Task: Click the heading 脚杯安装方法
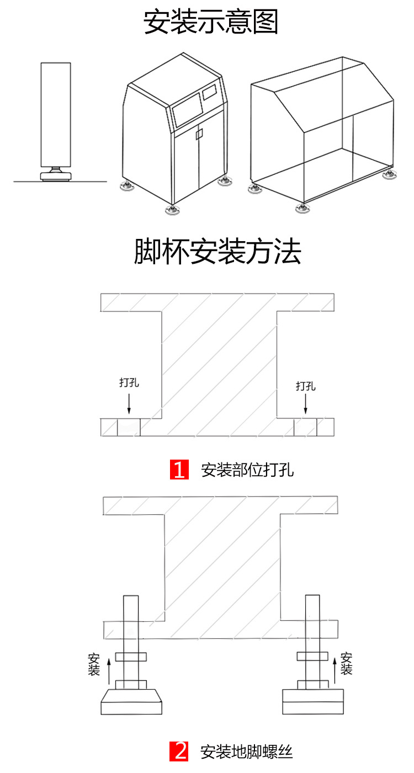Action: (217, 252)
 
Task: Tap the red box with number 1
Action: (179, 470)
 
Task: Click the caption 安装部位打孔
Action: (247, 470)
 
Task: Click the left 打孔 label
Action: (129, 383)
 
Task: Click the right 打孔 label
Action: (305, 386)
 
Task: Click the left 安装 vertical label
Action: (94, 665)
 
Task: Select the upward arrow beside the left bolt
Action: (109, 674)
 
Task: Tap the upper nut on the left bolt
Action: (131, 657)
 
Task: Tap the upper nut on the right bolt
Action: (312, 655)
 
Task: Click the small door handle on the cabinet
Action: (200, 134)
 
